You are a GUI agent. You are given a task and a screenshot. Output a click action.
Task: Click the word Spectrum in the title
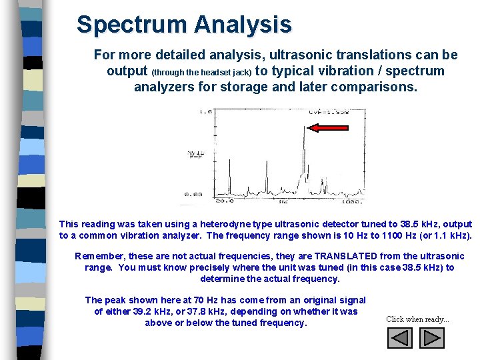click(x=131, y=25)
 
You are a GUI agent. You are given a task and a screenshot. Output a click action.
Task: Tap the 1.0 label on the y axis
click(x=205, y=111)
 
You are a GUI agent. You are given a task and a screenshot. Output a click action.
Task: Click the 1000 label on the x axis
click(x=351, y=200)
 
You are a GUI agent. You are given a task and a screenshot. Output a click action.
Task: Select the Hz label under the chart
click(x=285, y=200)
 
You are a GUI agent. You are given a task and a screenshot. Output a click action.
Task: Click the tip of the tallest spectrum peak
click(x=304, y=125)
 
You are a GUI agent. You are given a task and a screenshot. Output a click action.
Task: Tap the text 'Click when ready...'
click(x=417, y=319)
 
